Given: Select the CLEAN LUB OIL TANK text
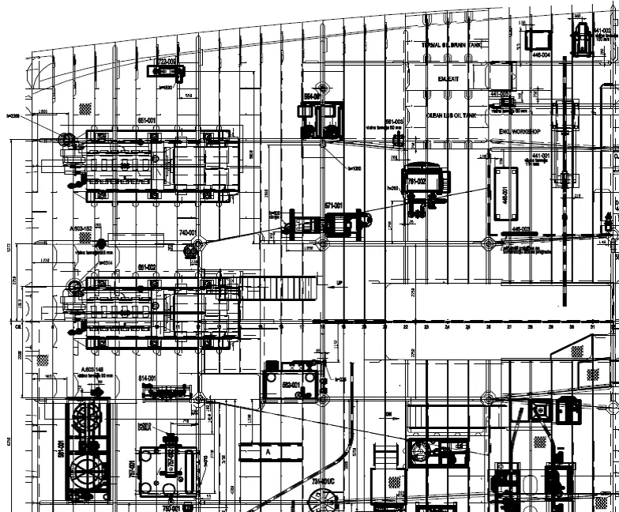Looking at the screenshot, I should coord(452,115).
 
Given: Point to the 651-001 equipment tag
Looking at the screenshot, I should coord(146,120).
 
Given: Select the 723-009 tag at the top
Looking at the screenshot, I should coord(167,61).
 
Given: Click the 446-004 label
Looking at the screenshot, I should coord(541,55).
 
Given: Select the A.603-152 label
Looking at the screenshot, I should coord(81,228).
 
